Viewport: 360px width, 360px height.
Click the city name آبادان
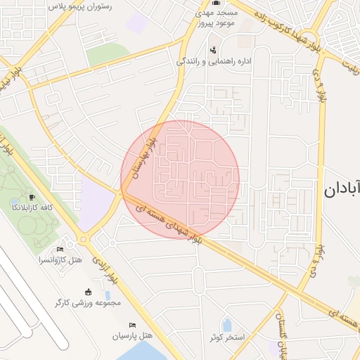(342, 188)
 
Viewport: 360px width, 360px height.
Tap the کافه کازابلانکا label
(32, 208)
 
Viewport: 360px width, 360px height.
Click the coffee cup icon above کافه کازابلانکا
(32, 196)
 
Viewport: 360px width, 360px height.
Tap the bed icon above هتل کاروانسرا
(60, 249)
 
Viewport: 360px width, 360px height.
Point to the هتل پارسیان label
(133, 336)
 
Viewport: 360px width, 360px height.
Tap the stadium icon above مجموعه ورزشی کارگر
(88, 292)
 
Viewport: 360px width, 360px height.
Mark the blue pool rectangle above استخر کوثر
(227, 325)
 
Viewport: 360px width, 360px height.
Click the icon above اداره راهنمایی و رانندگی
(213, 49)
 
